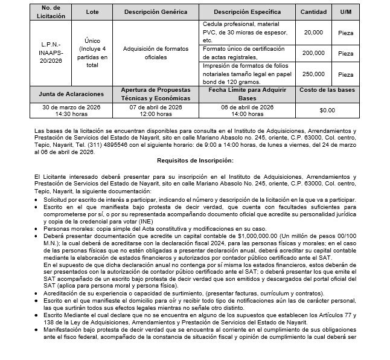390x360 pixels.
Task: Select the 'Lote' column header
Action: point(92,11)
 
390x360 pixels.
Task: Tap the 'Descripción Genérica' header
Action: point(155,11)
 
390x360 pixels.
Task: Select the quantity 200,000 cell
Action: point(313,53)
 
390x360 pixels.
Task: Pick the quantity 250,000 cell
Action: point(313,74)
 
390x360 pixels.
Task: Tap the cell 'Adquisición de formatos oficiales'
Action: point(155,53)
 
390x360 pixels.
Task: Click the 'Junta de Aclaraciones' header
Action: point(71,94)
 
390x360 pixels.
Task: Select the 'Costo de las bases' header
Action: point(327,90)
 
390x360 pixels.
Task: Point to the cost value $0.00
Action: point(327,111)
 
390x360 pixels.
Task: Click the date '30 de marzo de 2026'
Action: point(71,107)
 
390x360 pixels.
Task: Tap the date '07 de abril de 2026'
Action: point(155,107)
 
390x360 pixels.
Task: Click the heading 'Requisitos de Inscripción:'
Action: point(194,161)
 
